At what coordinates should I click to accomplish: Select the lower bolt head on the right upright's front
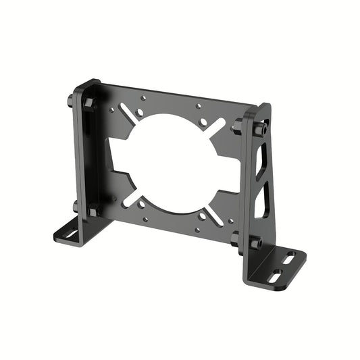[x=256, y=243]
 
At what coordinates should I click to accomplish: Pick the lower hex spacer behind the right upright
[x=236, y=237]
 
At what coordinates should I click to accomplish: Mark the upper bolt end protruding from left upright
[x=70, y=103]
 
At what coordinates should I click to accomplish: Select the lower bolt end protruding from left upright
[x=75, y=207]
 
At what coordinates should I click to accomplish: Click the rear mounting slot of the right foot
[x=288, y=257]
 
